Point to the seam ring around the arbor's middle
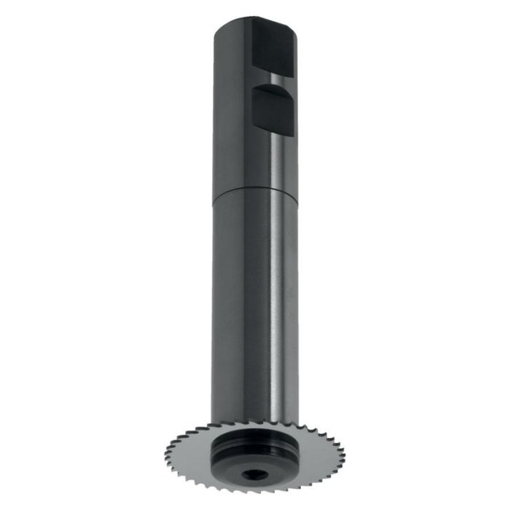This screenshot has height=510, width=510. tap(255, 191)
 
